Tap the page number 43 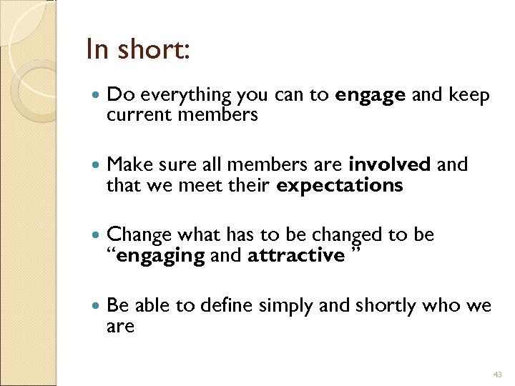pyautogui.click(x=499, y=374)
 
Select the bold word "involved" pyautogui.click(x=390, y=165)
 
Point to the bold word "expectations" pyautogui.click(x=340, y=187)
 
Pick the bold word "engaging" pyautogui.click(x=160, y=256)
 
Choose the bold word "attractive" pyautogui.click(x=296, y=256)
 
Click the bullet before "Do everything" pyautogui.click(x=97, y=95)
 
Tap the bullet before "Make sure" pyautogui.click(x=97, y=165)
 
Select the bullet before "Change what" pyautogui.click(x=97, y=235)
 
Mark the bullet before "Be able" pyautogui.click(x=97, y=306)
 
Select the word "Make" pyautogui.click(x=127, y=165)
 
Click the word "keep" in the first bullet pyautogui.click(x=471, y=96)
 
